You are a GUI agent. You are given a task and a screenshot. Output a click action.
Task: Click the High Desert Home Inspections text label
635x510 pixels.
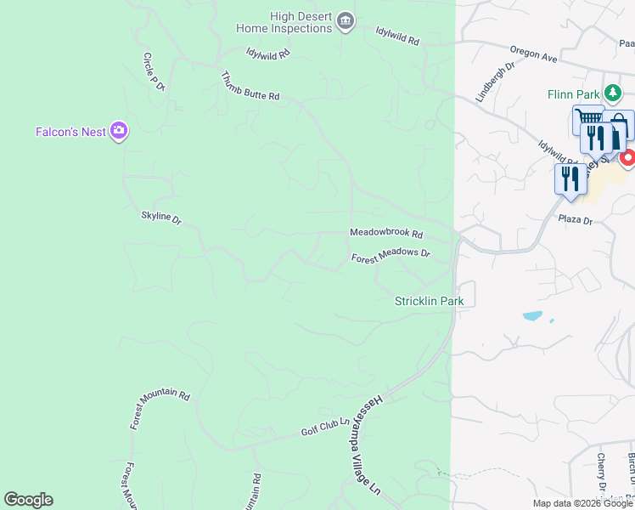(x=284, y=22)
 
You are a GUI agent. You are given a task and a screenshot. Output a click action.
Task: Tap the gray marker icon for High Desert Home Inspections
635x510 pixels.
(x=345, y=21)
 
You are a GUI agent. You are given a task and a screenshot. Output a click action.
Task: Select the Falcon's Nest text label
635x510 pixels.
(x=70, y=132)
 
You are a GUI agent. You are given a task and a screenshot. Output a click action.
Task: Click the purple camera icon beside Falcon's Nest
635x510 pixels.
(x=119, y=131)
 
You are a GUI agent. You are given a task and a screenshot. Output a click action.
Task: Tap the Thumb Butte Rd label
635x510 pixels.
(x=250, y=85)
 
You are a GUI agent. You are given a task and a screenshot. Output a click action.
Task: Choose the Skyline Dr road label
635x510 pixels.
(x=161, y=218)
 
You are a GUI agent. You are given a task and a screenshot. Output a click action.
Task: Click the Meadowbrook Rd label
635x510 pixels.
(x=386, y=233)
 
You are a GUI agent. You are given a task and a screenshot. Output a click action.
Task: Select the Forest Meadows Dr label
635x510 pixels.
(x=391, y=253)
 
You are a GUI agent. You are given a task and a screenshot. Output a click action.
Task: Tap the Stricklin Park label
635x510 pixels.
(x=429, y=301)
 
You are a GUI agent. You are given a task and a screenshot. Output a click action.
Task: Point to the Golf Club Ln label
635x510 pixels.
(x=326, y=427)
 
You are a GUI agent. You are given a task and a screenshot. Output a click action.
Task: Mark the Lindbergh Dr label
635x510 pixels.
(x=495, y=81)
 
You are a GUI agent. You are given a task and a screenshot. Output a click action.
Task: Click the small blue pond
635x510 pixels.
(x=532, y=316)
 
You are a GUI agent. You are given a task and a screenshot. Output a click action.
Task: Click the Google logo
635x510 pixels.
(x=28, y=500)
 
